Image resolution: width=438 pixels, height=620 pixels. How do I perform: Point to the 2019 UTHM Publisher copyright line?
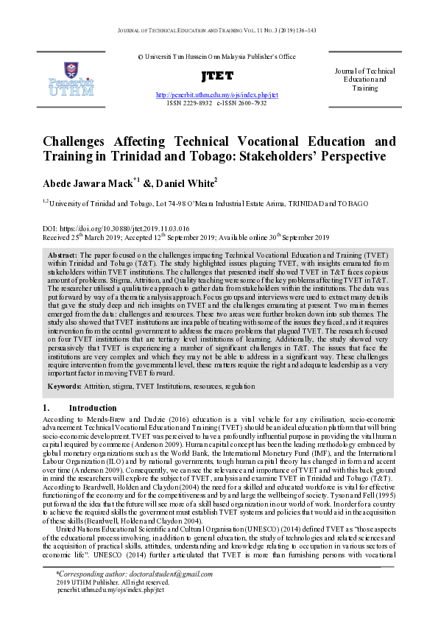coord(111,582)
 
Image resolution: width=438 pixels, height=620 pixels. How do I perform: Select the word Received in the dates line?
coord(58,238)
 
